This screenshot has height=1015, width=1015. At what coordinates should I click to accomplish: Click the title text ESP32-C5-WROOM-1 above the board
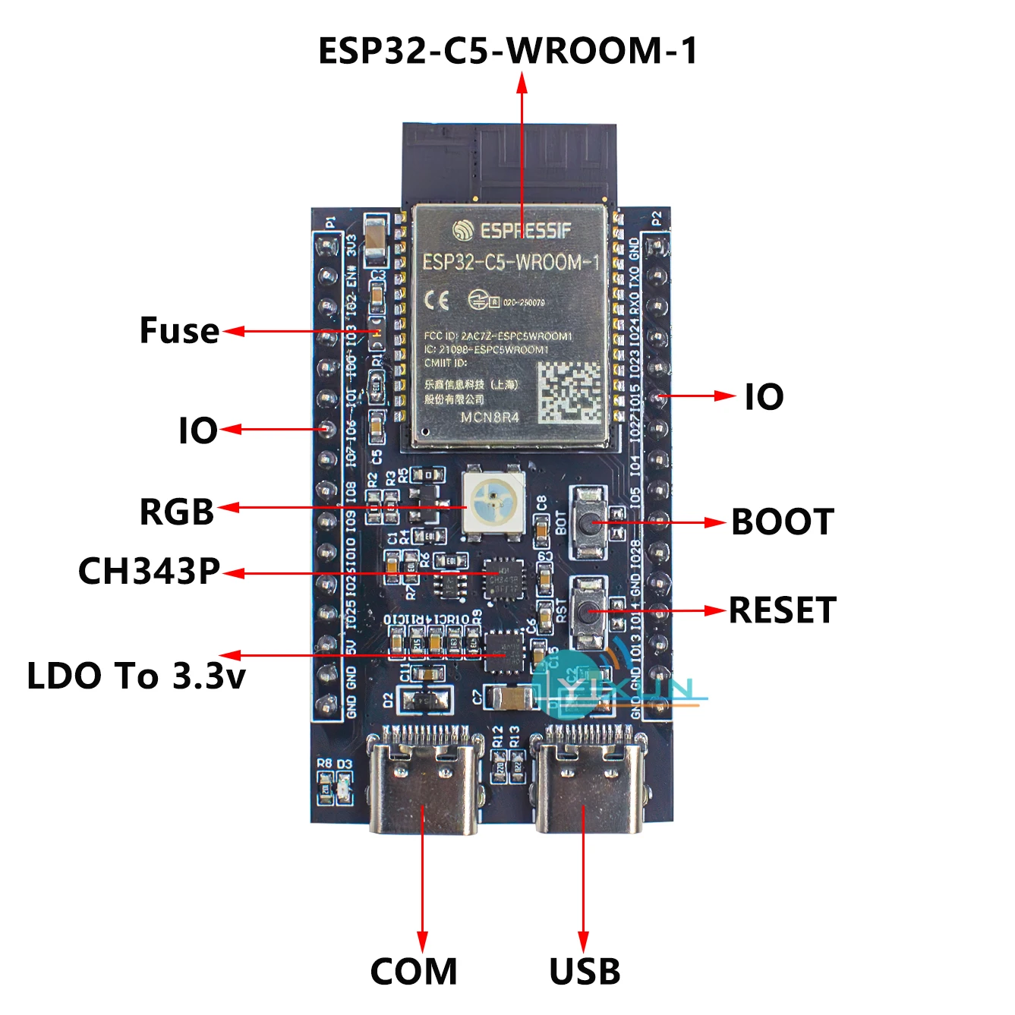(x=507, y=51)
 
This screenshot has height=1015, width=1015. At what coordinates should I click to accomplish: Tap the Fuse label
(x=179, y=331)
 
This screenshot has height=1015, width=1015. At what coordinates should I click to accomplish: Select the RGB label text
(x=177, y=512)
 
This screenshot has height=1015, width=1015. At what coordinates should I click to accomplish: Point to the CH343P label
(x=149, y=571)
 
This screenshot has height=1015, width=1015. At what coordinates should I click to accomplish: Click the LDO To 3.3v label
(x=137, y=676)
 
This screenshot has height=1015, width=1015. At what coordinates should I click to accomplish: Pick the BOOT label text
(x=783, y=522)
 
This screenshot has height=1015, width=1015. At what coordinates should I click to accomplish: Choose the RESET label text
(x=783, y=610)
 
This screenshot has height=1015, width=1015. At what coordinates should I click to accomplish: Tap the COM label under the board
(x=414, y=972)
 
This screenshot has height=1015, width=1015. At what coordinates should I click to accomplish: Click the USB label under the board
(x=585, y=972)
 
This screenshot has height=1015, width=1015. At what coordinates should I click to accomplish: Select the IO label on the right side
(x=764, y=397)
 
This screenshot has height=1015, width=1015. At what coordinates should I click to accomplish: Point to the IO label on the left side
(x=197, y=430)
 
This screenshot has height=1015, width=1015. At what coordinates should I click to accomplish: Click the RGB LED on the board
(x=492, y=501)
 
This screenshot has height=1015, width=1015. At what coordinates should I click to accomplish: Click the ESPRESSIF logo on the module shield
(x=512, y=230)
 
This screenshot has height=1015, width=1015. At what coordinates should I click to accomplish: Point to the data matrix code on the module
(x=570, y=393)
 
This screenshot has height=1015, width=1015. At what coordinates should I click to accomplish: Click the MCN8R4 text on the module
(x=490, y=418)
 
